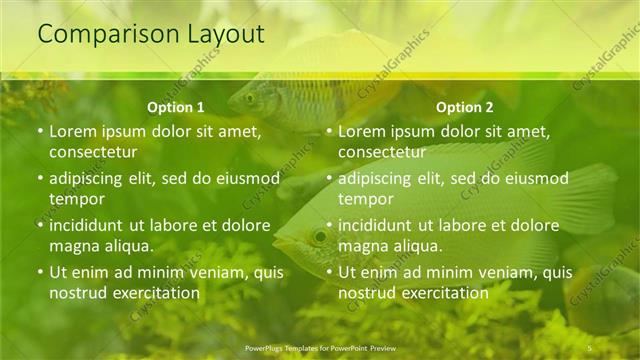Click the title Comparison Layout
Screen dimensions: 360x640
point(151,34)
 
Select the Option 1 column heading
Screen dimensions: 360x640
point(176,107)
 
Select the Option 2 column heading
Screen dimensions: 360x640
point(465,107)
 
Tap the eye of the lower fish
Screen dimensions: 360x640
point(320,237)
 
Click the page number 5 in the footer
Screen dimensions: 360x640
point(590,347)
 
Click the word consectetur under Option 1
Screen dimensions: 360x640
point(93,152)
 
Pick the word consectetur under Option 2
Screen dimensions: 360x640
point(382,152)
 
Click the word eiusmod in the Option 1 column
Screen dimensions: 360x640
point(245,179)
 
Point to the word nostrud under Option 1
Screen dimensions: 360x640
point(78,293)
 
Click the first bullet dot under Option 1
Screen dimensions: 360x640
point(40,131)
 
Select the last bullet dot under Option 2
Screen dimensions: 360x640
point(329,272)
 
